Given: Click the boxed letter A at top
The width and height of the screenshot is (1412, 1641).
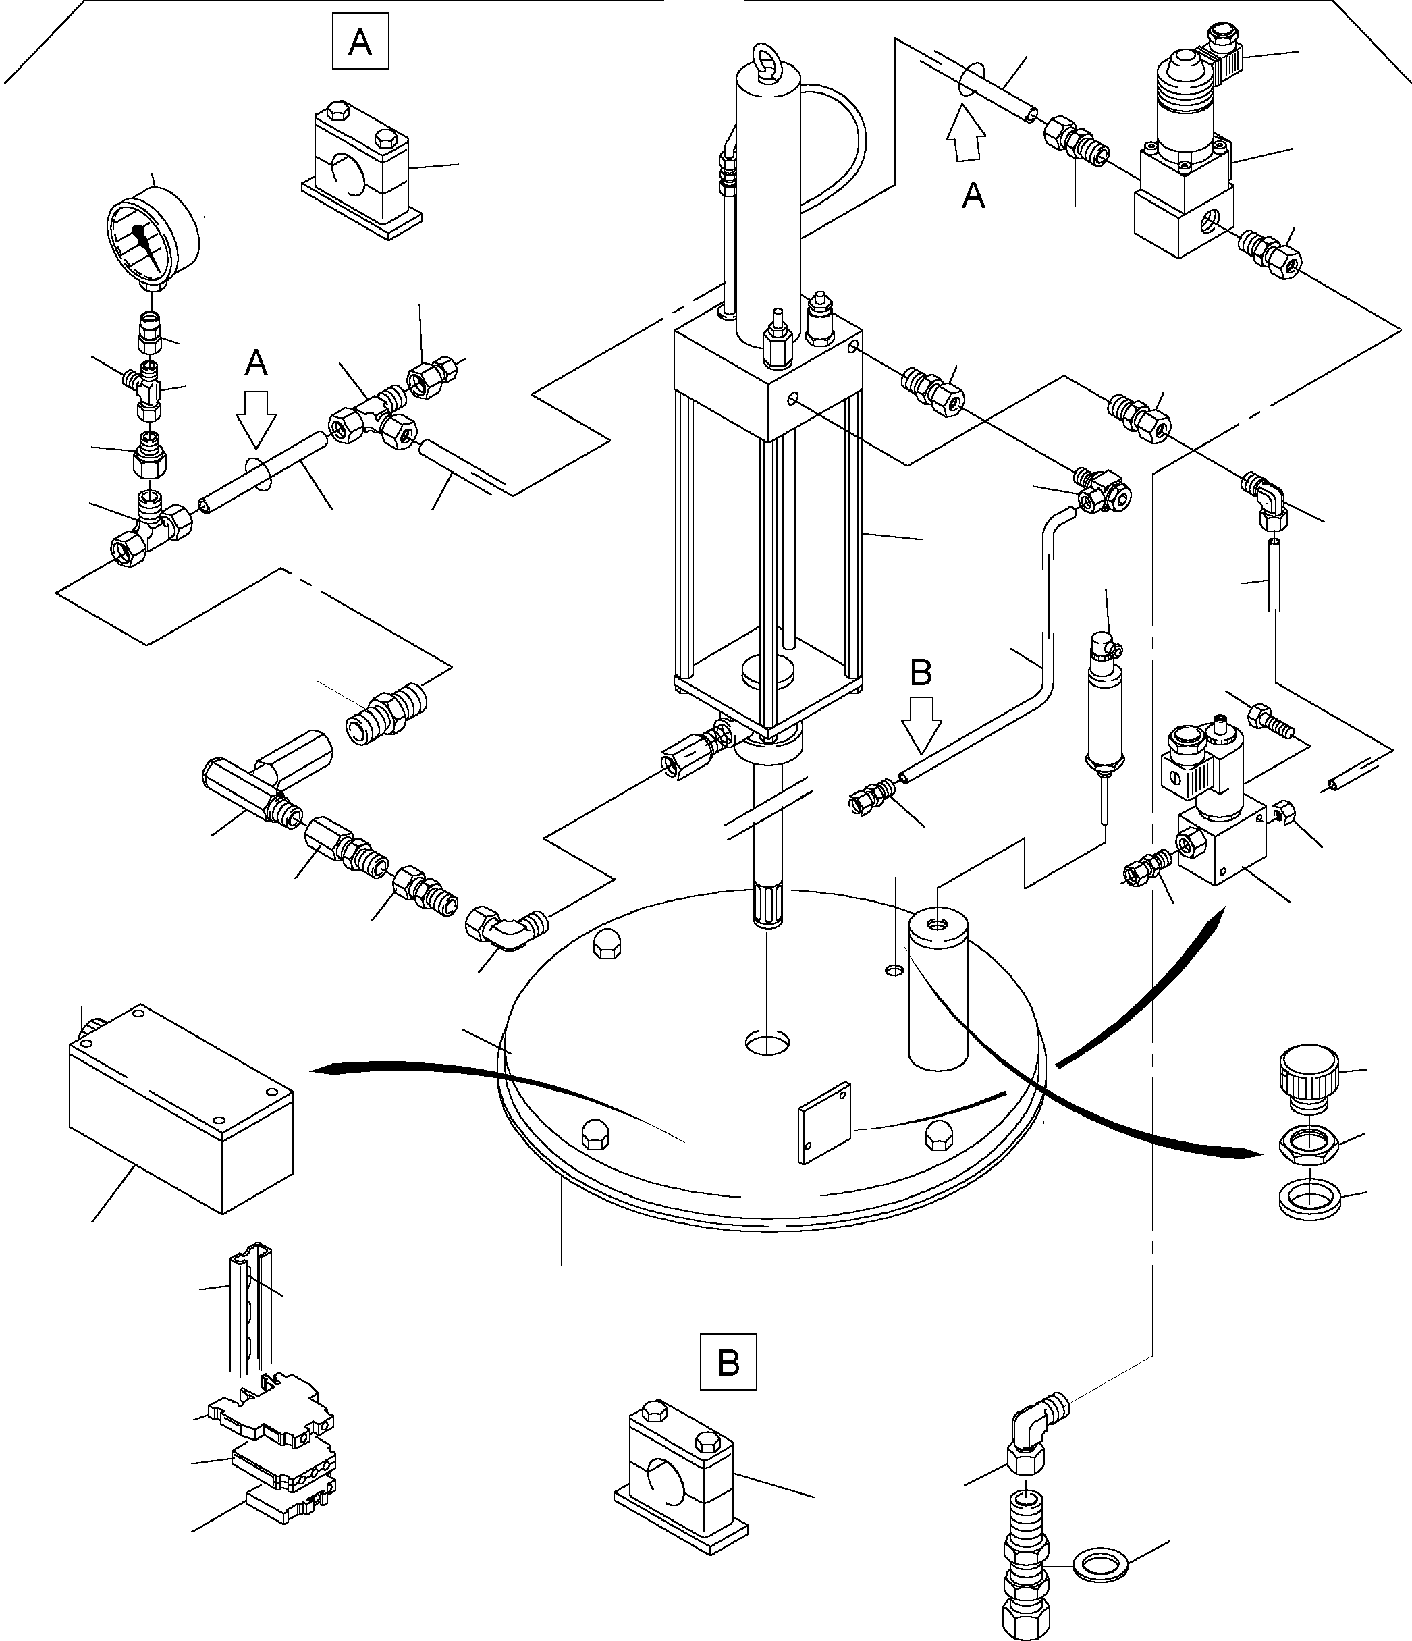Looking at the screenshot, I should tap(360, 41).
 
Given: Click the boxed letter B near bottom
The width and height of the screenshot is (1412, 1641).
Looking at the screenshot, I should tap(728, 1363).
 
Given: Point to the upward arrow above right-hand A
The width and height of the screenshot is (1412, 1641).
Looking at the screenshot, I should tap(965, 136).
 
